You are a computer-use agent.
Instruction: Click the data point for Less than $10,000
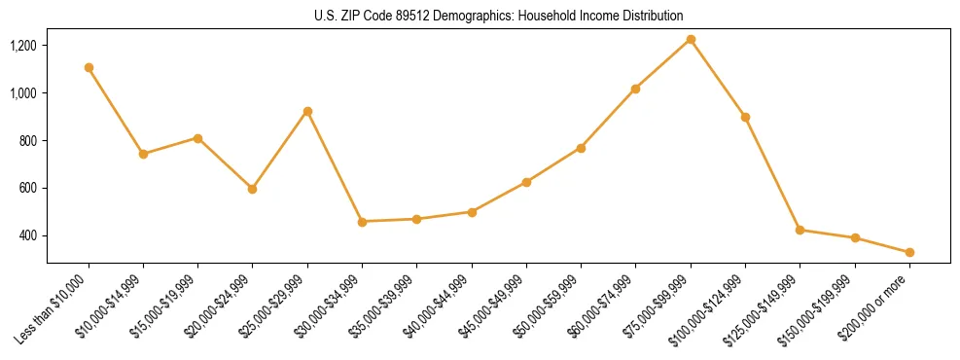click(89, 68)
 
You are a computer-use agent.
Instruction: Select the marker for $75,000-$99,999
click(691, 40)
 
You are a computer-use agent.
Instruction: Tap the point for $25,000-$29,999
click(307, 111)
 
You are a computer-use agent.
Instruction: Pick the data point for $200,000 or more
click(909, 253)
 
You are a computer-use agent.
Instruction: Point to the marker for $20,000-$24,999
click(253, 189)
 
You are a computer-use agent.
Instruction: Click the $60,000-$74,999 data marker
click(635, 89)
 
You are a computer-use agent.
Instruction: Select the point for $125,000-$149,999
click(800, 230)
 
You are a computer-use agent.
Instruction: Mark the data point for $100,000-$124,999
click(745, 117)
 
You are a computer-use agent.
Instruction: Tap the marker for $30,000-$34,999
click(362, 222)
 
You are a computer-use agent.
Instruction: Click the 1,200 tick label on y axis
click(23, 46)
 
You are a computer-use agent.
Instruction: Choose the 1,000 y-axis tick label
click(23, 93)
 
